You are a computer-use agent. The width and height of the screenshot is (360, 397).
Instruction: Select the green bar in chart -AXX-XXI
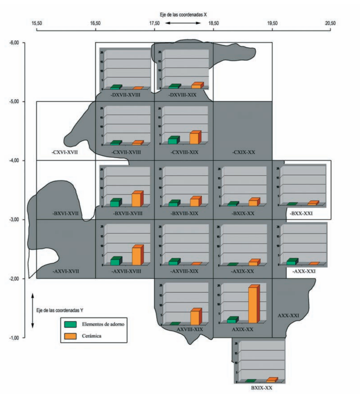(x=292, y=262)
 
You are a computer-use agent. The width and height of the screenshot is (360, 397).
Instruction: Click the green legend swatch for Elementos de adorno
(x=70, y=324)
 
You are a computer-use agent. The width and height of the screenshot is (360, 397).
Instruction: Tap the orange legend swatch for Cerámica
(x=70, y=336)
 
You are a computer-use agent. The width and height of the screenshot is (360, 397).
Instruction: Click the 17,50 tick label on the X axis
(x=154, y=23)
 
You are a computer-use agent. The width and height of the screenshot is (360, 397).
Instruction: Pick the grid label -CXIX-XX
(x=244, y=152)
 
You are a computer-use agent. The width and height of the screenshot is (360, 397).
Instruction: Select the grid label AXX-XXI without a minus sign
(x=288, y=316)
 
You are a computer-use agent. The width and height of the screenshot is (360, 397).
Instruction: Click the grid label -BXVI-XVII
(x=65, y=214)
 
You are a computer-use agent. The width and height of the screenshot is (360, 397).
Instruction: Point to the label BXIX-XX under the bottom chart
(x=262, y=388)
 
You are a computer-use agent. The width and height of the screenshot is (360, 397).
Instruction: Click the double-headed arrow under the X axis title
(x=183, y=23)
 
